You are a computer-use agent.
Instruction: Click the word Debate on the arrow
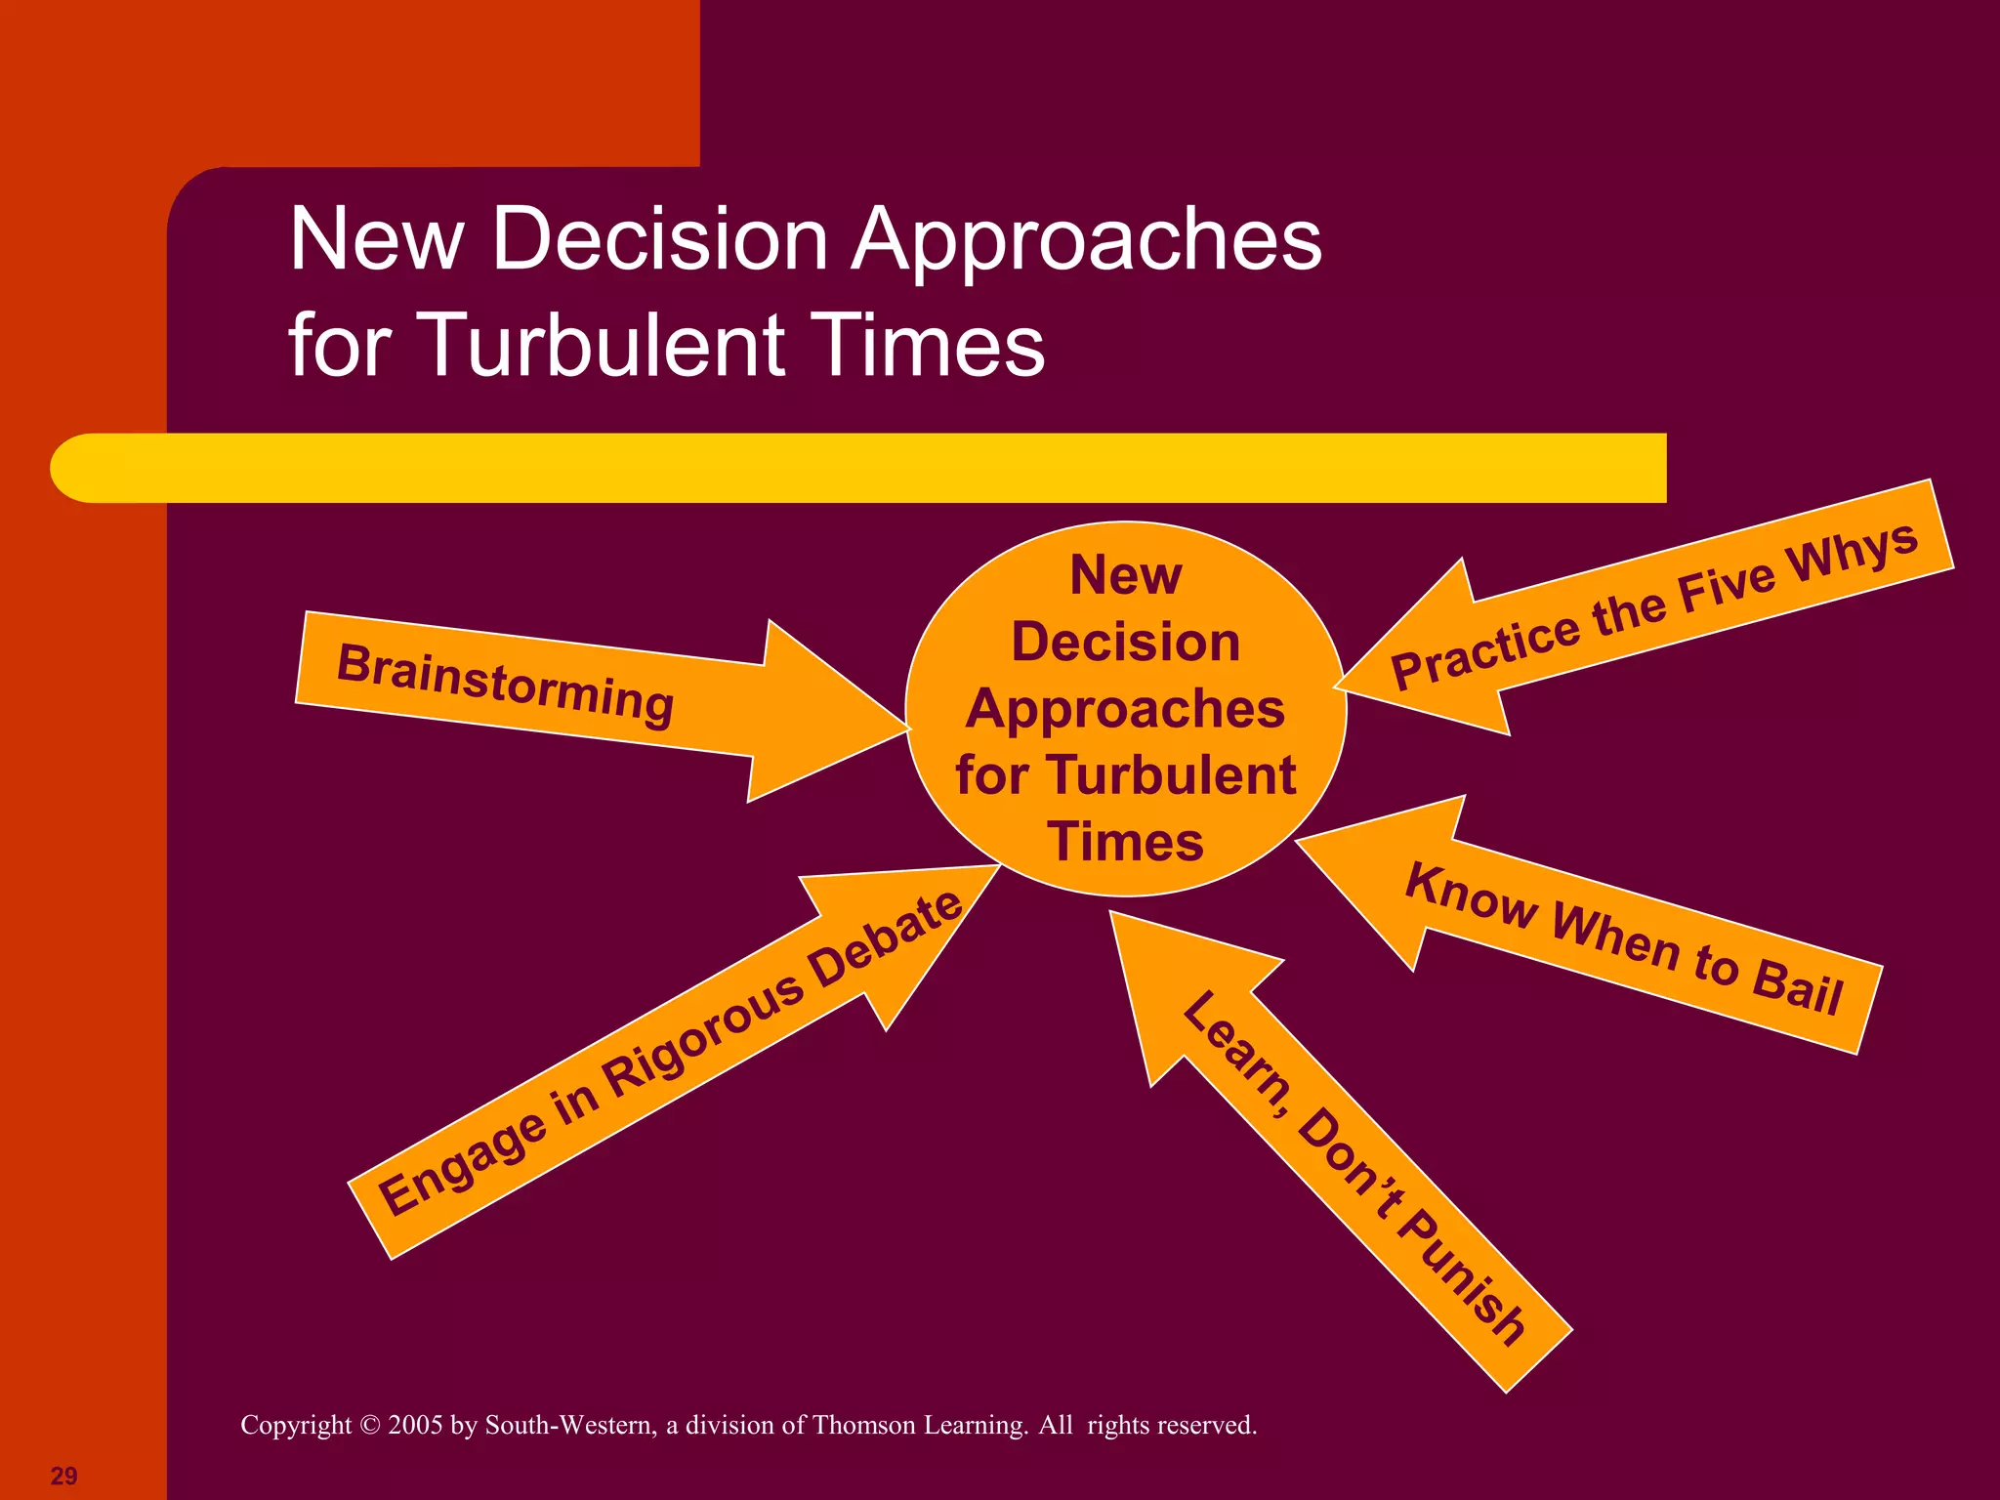887,939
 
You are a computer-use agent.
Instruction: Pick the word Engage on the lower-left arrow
462,1166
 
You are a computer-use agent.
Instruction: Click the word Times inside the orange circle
1125,841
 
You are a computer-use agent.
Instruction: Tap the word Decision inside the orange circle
1125,642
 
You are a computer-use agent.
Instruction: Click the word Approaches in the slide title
1087,239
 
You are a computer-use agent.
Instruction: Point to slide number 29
63,1476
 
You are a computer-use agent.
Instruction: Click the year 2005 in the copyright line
415,1425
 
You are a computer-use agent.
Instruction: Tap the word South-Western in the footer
570,1425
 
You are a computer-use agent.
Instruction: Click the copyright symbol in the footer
369,1425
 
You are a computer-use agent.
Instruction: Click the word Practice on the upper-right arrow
1484,650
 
